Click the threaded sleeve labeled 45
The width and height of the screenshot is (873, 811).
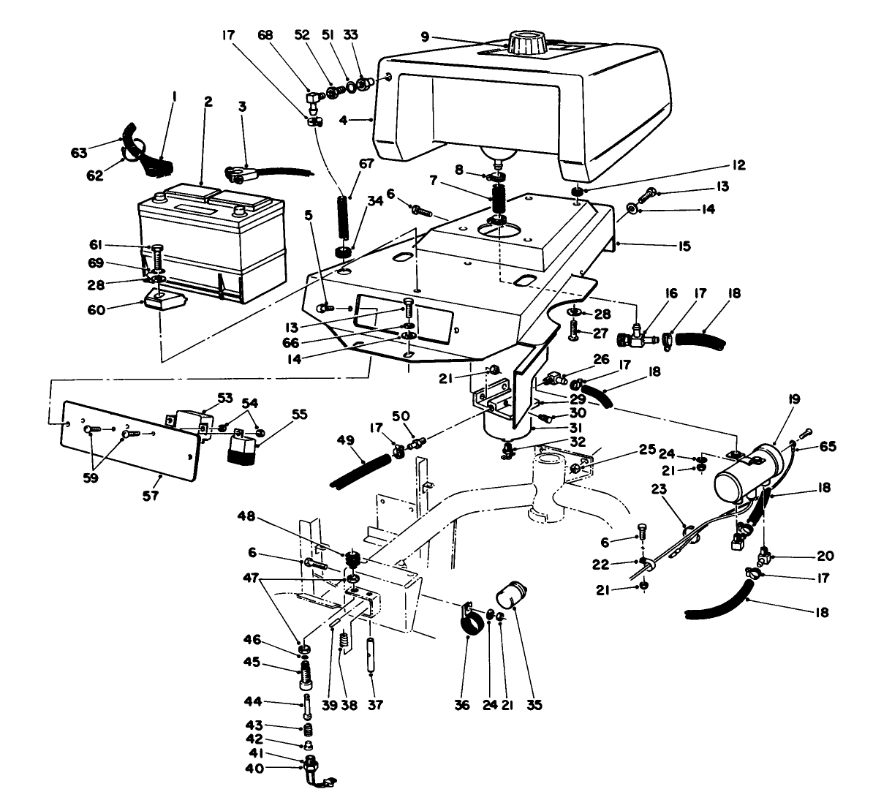tap(304, 674)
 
